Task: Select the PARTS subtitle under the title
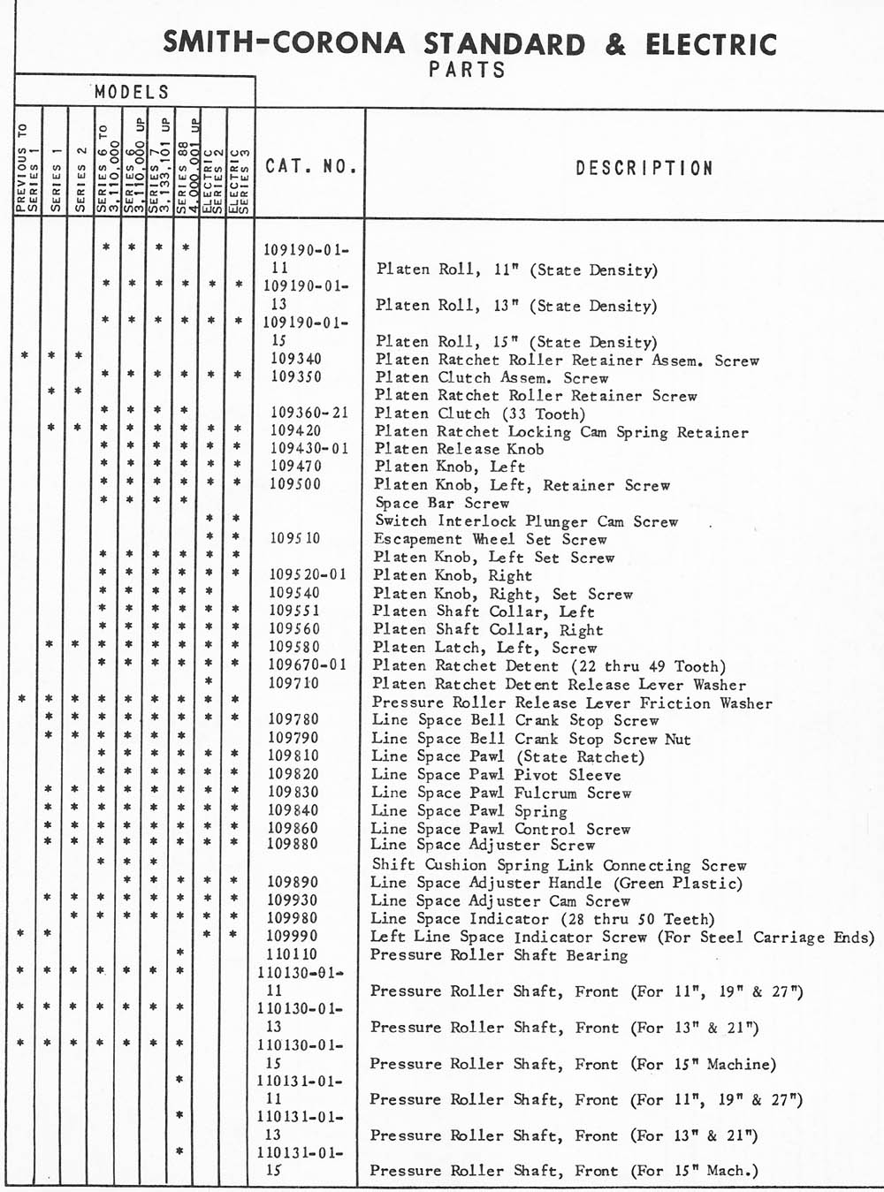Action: [x=467, y=70]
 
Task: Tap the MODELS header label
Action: [x=131, y=92]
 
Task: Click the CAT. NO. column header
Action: [x=310, y=166]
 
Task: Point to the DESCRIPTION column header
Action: [x=644, y=168]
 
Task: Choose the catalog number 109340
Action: [x=296, y=359]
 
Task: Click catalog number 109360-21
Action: [x=309, y=413]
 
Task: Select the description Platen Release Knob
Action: [x=459, y=449]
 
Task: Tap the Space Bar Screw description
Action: [x=442, y=503]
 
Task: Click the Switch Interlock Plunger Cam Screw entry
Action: [x=526, y=521]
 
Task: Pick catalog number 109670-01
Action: [x=308, y=664]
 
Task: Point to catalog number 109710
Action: [x=294, y=683]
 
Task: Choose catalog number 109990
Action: [x=293, y=936]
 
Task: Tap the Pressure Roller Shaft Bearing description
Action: [x=499, y=955]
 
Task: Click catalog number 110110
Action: [x=292, y=954]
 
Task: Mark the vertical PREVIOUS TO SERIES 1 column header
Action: [x=27, y=168]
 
